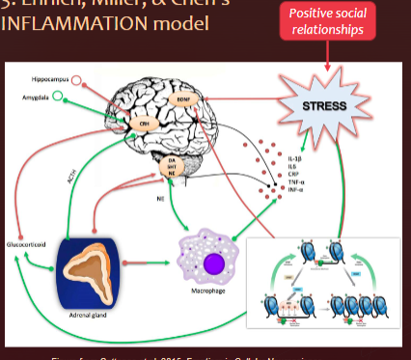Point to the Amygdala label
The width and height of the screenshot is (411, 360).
click(x=39, y=97)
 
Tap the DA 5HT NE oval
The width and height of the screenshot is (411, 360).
click(x=172, y=168)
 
